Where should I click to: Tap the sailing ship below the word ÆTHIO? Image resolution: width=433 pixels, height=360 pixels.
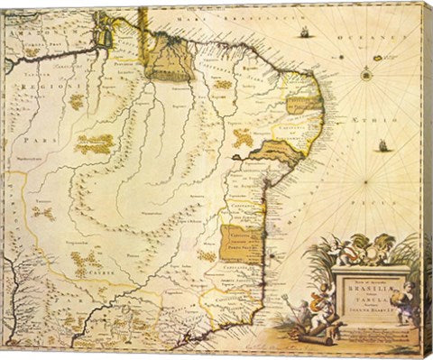(x=384, y=145)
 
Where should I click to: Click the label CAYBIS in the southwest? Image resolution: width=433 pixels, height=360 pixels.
(x=97, y=267)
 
